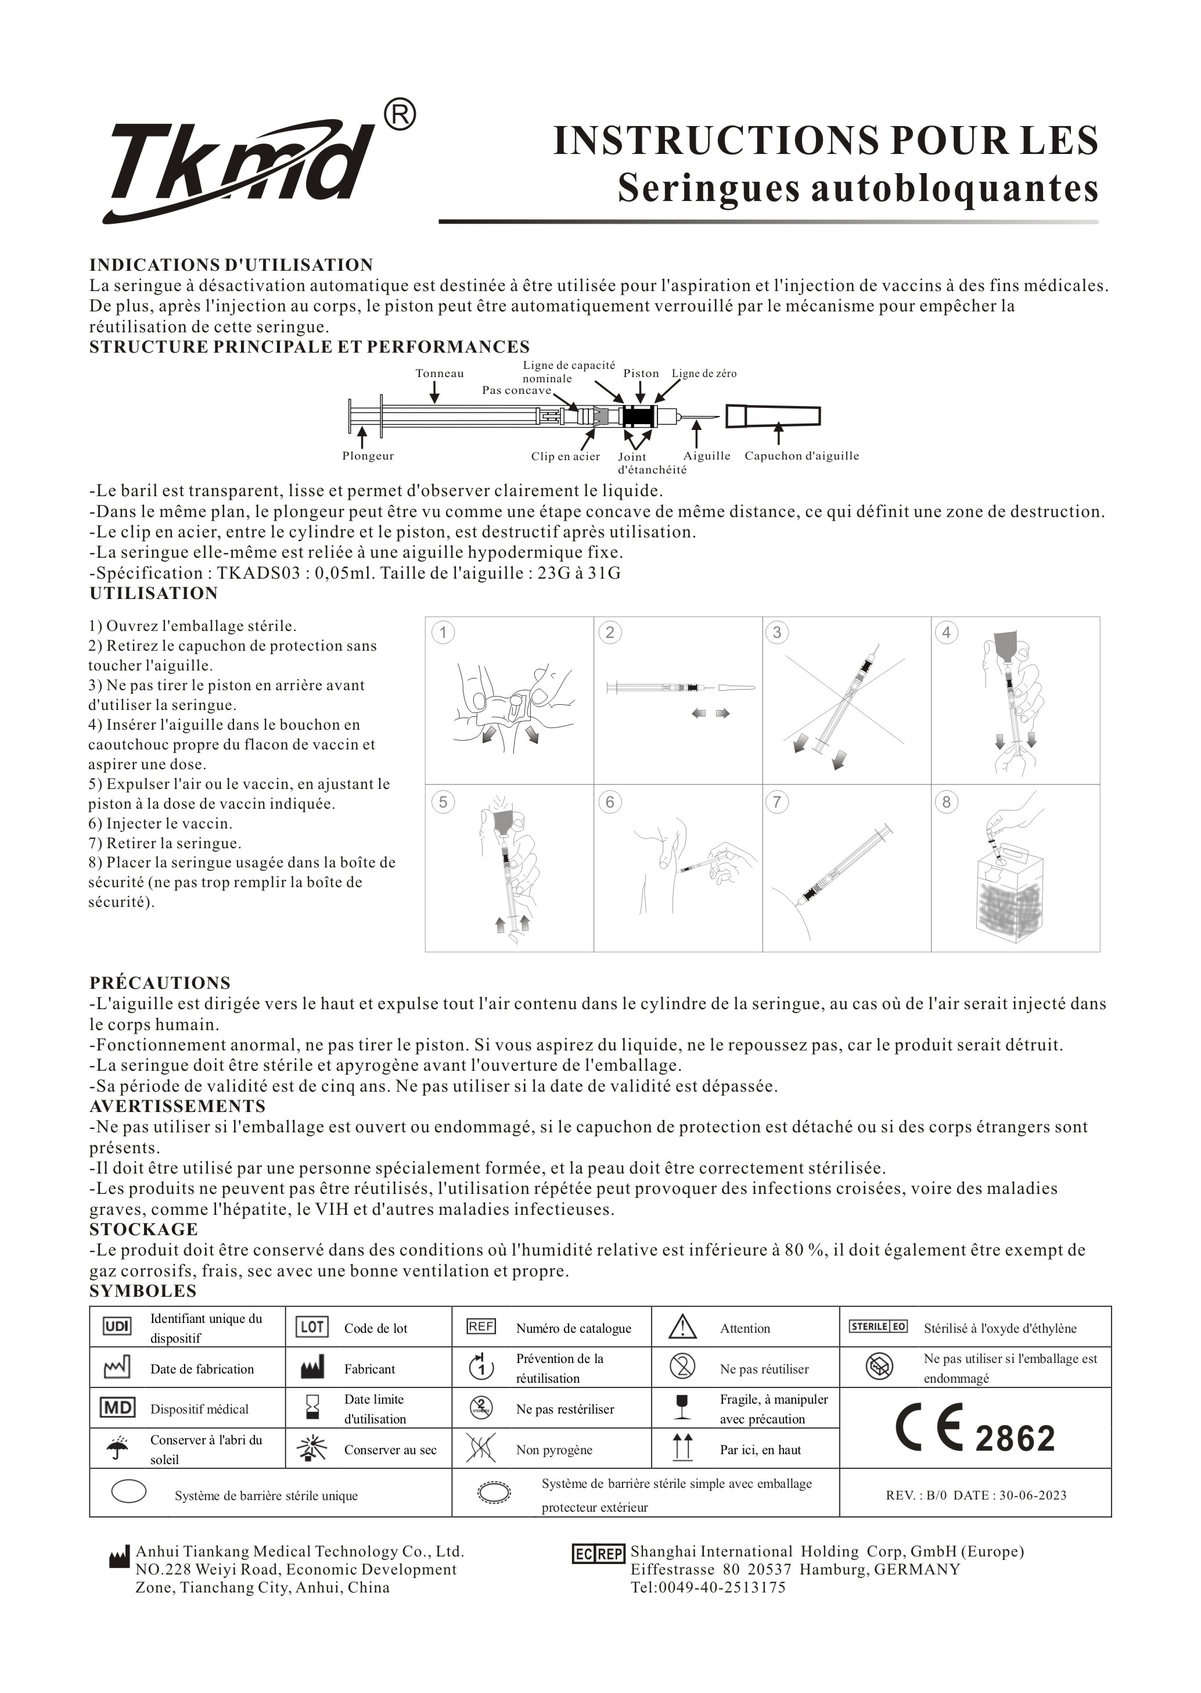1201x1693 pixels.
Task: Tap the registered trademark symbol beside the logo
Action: (400, 116)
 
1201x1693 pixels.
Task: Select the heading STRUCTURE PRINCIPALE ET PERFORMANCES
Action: (309, 347)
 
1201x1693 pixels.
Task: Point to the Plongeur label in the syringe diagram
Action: (368, 456)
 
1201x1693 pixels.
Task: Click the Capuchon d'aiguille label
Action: (801, 456)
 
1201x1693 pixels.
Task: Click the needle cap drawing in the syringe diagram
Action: (773, 417)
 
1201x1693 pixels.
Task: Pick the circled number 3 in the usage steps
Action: (776, 632)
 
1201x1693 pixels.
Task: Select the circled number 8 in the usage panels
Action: (946, 802)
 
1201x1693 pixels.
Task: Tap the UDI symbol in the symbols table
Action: (117, 1327)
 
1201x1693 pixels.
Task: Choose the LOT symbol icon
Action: (312, 1327)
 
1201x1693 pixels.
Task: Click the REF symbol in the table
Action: (481, 1327)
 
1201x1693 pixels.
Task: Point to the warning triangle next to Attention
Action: (682, 1327)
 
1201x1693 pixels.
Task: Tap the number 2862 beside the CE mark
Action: (1015, 1439)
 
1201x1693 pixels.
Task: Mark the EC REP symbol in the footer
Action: (598, 1554)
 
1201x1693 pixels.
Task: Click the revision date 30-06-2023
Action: (1033, 1495)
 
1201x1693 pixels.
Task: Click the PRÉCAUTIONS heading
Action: (160, 983)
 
